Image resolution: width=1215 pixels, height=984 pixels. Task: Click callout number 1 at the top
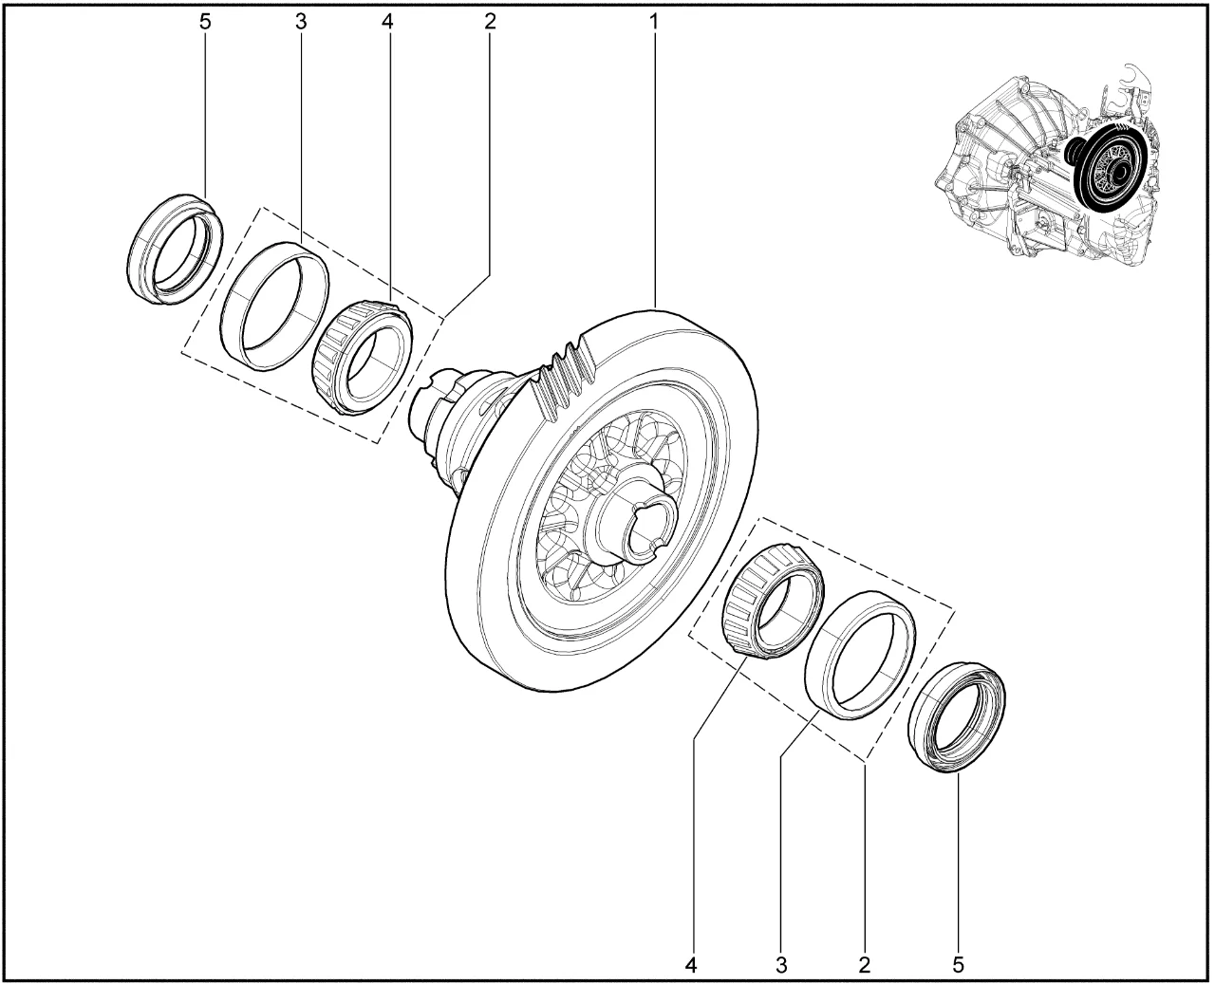tap(654, 22)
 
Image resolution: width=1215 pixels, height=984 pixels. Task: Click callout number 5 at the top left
tap(205, 22)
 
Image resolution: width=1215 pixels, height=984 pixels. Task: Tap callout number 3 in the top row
tap(301, 22)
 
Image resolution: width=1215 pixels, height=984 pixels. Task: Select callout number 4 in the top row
tap(388, 22)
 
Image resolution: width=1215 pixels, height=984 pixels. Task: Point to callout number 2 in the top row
tap(490, 22)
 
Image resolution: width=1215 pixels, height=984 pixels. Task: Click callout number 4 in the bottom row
tap(691, 965)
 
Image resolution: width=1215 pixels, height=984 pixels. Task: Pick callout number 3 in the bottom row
tap(781, 965)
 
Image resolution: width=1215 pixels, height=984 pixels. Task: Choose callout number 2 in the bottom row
tap(865, 965)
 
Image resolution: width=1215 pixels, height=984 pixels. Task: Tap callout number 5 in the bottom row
tap(959, 965)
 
